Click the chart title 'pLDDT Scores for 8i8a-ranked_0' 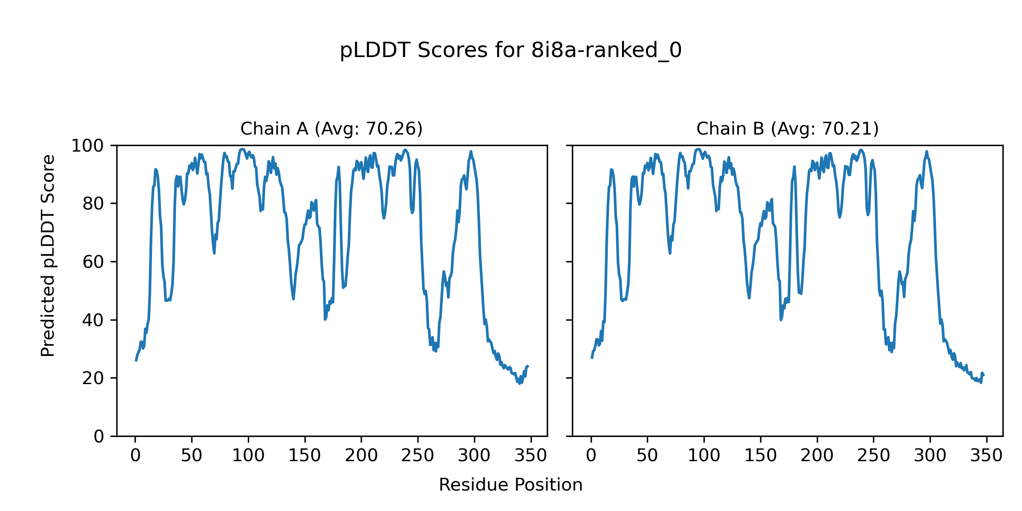tap(511, 51)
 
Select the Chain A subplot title tap(331, 129)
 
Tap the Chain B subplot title tap(787, 129)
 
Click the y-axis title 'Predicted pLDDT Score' tap(48, 255)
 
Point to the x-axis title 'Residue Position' tap(511, 485)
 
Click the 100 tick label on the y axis tap(87, 146)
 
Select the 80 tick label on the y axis tap(93, 204)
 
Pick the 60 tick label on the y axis tap(93, 262)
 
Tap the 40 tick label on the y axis tap(93, 320)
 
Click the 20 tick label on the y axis tap(93, 378)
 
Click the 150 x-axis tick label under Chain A tap(305, 456)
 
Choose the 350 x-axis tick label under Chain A tap(531, 456)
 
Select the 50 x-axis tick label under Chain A tap(192, 456)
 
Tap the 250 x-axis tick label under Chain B tap(874, 456)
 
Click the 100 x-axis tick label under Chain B tap(704, 456)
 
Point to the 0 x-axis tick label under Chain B tap(591, 456)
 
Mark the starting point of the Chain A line tap(136, 361)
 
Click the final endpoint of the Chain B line tap(984, 375)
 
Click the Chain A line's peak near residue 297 tap(471, 152)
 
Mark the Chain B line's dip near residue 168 tap(781, 320)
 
